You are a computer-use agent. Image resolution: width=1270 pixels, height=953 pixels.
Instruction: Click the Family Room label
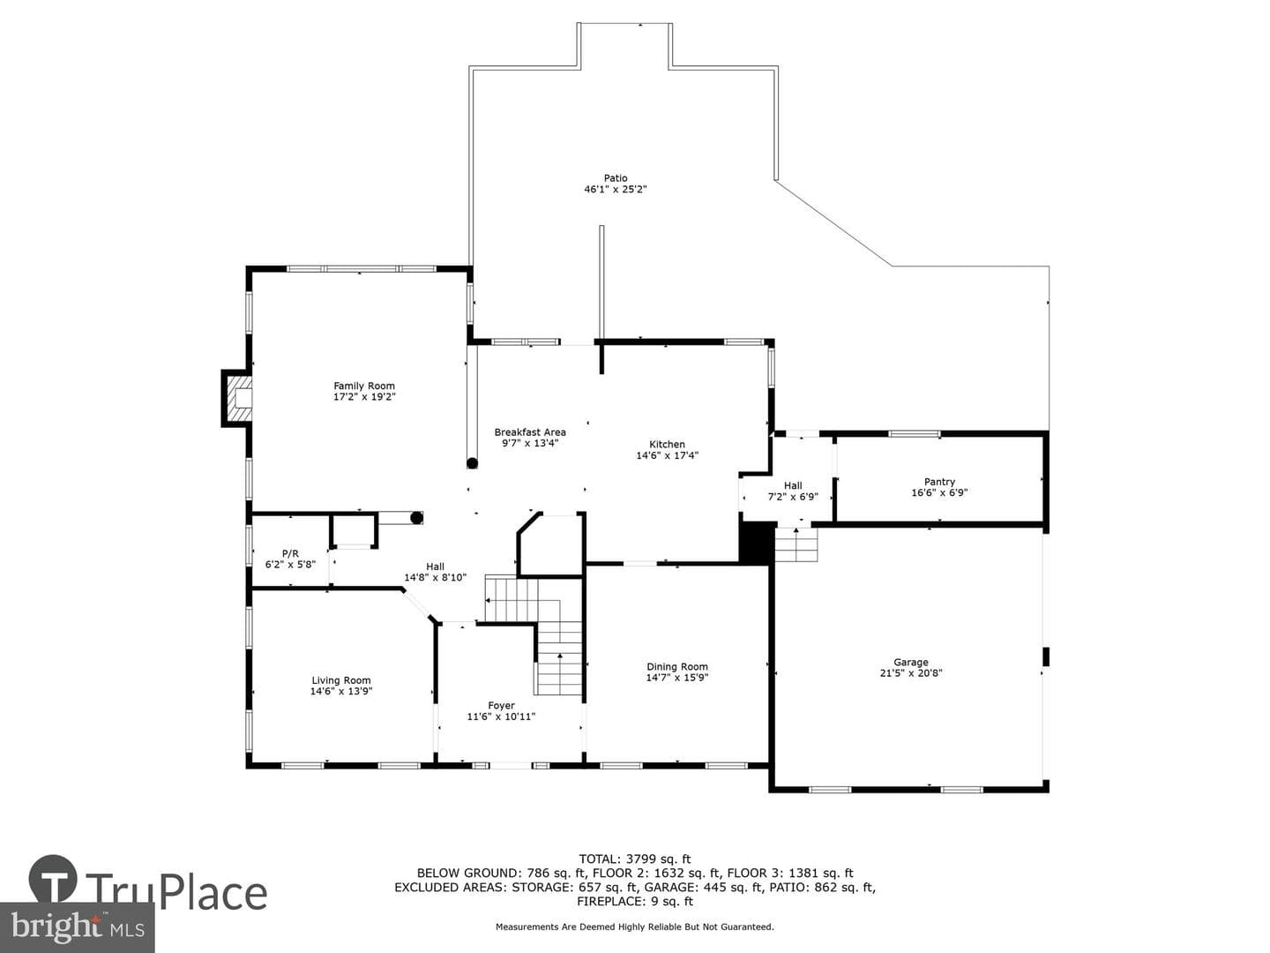364,386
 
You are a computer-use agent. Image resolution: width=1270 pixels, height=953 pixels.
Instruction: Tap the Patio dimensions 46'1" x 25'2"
615,189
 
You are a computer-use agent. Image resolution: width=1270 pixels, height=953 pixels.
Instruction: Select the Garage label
911,662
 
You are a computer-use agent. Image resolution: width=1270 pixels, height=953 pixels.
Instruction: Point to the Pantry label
939,482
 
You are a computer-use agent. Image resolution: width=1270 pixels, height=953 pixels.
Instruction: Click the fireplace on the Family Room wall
237,398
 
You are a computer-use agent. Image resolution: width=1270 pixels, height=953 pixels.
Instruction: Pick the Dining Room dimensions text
677,678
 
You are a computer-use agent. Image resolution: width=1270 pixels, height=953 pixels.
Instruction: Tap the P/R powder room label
290,554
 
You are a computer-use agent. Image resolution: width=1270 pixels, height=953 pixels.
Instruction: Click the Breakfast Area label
530,432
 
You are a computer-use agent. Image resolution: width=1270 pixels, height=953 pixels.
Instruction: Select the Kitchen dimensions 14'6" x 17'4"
667,455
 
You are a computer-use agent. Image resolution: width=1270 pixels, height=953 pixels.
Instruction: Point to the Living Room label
341,680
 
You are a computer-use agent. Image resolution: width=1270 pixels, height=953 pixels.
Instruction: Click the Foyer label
501,705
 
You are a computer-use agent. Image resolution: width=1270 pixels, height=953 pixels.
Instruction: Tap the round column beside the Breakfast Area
472,463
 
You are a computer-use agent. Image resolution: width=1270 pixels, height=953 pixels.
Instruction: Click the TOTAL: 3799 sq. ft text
635,859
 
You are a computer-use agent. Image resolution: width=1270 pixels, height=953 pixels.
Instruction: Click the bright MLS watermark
77,927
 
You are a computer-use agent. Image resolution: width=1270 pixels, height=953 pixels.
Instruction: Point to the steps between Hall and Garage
796,544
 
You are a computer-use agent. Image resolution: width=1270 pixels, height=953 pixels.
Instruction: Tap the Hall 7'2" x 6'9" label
793,492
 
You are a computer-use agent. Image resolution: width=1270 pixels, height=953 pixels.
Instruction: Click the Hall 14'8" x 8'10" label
435,572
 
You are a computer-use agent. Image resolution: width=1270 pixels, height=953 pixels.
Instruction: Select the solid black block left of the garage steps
756,543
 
